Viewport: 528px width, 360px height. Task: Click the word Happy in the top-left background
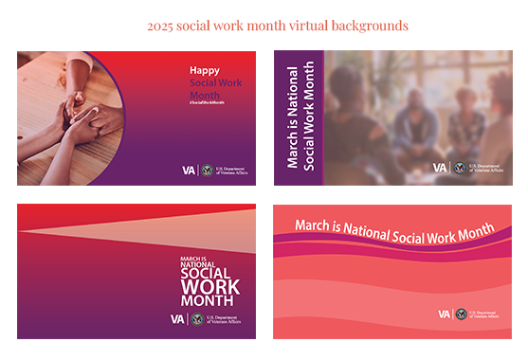coord(204,70)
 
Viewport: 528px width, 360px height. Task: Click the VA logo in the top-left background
coord(189,170)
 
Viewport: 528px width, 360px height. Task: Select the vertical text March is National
coord(292,117)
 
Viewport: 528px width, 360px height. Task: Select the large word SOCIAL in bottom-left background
coord(209,271)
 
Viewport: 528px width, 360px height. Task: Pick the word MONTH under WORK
coord(209,302)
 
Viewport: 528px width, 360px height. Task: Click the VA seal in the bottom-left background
coord(196,319)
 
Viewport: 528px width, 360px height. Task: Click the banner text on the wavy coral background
coord(393,227)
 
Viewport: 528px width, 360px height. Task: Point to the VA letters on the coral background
coord(444,314)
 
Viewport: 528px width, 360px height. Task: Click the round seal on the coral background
coord(462,314)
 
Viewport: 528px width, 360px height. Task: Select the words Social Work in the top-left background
coord(215,83)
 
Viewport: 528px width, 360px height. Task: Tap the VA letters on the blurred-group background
coord(440,168)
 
